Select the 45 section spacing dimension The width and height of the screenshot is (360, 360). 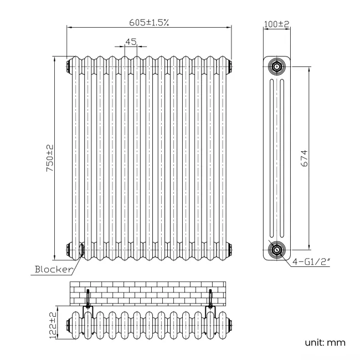tap(131, 42)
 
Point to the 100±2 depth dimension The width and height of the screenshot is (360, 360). tap(276, 24)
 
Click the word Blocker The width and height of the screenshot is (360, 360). tap(54, 270)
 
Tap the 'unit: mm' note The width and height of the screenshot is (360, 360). tap(326, 342)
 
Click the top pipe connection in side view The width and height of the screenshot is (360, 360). tap(275, 67)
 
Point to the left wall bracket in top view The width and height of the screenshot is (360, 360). tap(87, 302)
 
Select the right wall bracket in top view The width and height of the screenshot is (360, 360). tap(210, 302)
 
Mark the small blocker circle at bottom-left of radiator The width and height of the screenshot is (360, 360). tap(81, 250)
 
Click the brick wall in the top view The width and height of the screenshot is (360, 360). tap(148, 292)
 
